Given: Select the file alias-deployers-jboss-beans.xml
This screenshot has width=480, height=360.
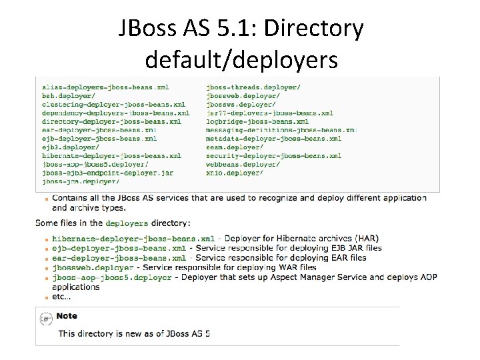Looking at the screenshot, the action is point(105,87).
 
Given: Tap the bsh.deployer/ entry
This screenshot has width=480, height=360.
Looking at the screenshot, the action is point(67,95).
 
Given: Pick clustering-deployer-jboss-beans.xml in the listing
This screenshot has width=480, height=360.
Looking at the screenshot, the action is point(113,104).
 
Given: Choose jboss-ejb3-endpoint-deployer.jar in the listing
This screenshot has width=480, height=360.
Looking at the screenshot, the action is point(107,172).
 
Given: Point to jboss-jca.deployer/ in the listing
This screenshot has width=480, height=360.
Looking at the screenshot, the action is point(81,181).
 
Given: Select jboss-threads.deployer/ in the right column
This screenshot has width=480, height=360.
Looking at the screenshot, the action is point(253,87).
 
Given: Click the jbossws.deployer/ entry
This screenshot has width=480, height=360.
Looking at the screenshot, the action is point(241,104).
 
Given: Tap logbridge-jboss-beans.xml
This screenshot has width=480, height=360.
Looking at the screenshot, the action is point(257,121).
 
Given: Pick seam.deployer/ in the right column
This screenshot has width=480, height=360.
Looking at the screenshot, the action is point(235,147).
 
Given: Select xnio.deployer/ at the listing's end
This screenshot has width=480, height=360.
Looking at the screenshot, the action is point(235,172).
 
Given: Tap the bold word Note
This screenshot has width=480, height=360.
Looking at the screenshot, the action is point(67,316).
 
